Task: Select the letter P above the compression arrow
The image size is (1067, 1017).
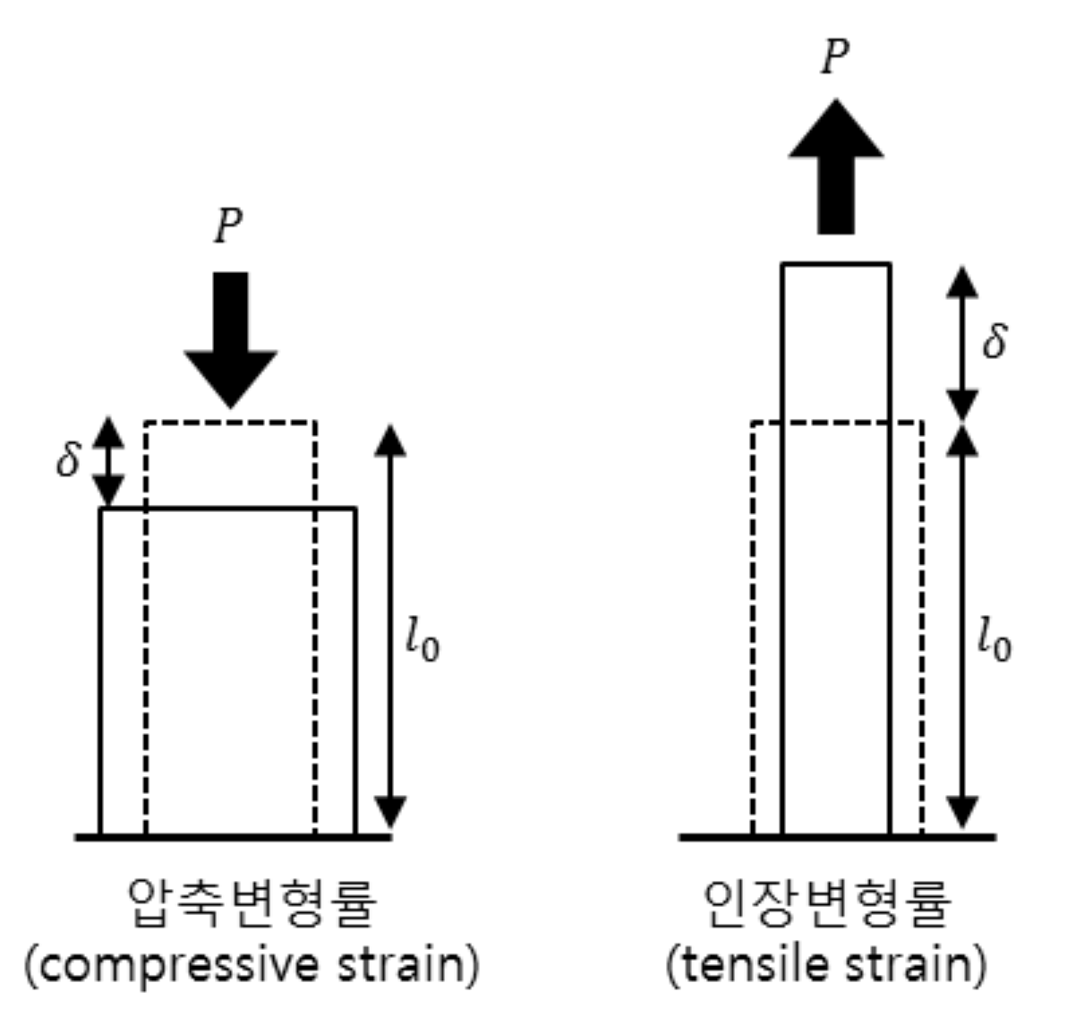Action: (x=228, y=226)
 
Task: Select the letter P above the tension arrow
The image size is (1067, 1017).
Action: (x=834, y=56)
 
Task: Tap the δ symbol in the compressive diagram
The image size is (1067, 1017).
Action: (x=69, y=459)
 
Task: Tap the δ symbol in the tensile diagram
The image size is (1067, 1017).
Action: (x=994, y=341)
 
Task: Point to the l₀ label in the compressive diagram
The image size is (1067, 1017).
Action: (x=422, y=641)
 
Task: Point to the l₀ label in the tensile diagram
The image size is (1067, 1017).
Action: (x=994, y=641)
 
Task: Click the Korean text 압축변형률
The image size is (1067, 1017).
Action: (x=252, y=902)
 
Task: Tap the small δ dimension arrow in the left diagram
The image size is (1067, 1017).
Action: (x=108, y=462)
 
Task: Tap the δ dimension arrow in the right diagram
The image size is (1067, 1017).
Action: (x=963, y=343)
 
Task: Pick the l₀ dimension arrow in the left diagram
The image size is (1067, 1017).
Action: (x=389, y=627)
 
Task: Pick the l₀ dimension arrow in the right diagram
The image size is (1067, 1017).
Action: (x=963, y=627)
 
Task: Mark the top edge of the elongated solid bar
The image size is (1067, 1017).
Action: (x=836, y=263)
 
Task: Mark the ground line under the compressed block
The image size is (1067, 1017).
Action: (x=233, y=837)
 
